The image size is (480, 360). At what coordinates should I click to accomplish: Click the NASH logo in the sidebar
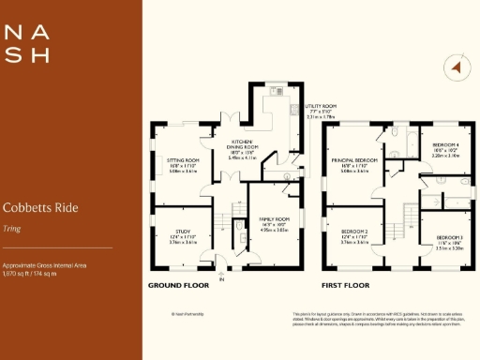pyautogui.click(x=27, y=43)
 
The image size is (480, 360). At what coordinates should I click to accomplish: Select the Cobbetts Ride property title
pyautogui.click(x=39, y=207)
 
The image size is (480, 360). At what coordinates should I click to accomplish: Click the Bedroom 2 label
pyautogui.click(x=353, y=232)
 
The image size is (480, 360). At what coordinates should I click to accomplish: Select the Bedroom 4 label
pyautogui.click(x=446, y=149)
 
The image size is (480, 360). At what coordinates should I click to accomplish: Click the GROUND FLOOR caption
pyautogui.click(x=178, y=284)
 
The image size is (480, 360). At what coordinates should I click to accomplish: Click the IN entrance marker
pyautogui.click(x=222, y=279)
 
